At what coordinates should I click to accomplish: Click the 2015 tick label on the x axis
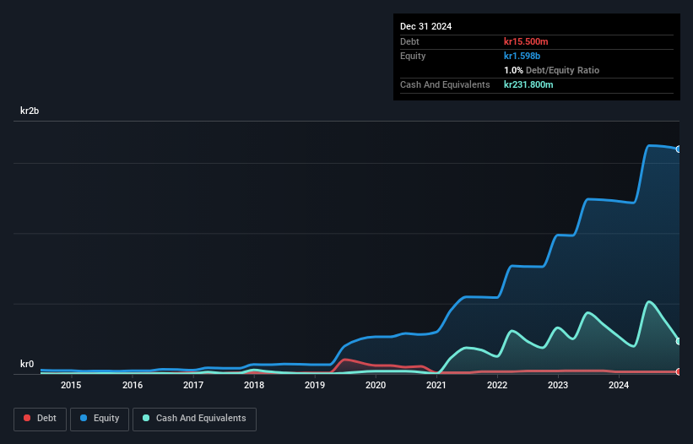[x=71, y=386]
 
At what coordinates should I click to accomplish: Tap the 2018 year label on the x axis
[x=253, y=386]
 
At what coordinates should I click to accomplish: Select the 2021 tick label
[x=436, y=386]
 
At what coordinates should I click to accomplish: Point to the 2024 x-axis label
[x=619, y=386]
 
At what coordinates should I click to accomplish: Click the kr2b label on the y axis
[x=30, y=111]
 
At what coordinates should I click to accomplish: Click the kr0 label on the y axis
[x=27, y=365]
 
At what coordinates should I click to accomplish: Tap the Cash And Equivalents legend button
[x=194, y=419]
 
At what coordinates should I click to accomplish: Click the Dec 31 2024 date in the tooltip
[x=426, y=26]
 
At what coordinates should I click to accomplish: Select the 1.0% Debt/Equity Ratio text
[x=551, y=70]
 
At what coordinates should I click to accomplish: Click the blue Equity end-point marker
[x=679, y=149]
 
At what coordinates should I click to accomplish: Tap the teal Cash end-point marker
[x=679, y=341]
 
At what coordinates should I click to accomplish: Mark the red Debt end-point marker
[x=679, y=371]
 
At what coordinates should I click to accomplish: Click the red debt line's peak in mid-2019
[x=345, y=360]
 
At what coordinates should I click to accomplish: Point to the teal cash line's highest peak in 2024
[x=648, y=301]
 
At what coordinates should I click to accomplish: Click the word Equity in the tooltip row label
[x=414, y=56]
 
